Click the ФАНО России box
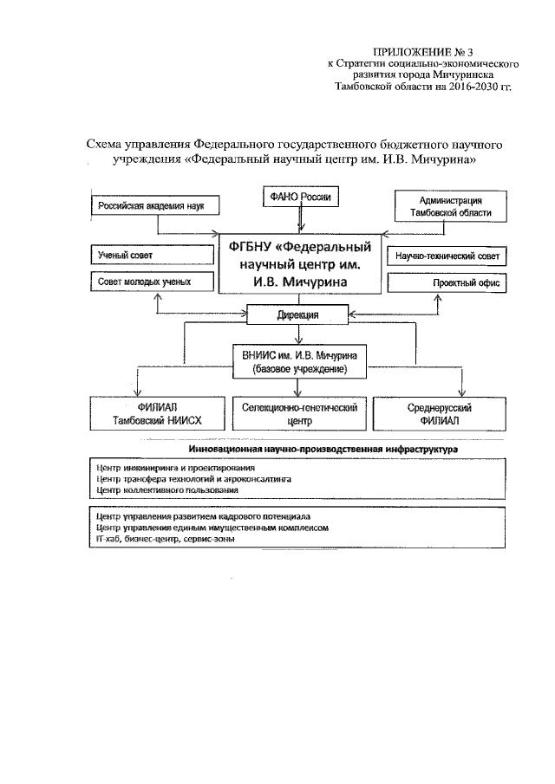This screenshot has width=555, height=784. [298, 198]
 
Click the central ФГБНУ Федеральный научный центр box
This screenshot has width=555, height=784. [299, 265]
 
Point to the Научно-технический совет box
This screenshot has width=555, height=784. [447, 256]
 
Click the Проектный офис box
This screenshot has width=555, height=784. [447, 283]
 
